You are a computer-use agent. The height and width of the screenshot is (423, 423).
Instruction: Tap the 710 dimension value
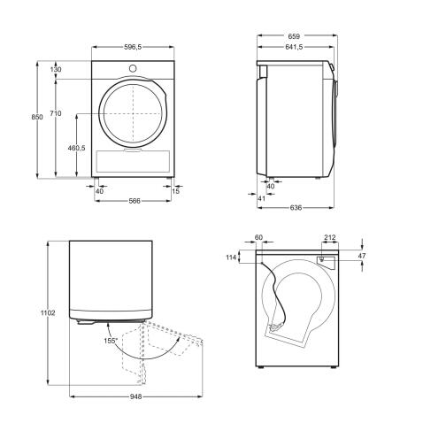[55, 114]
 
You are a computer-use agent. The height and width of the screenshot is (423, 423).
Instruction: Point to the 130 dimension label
[56, 69]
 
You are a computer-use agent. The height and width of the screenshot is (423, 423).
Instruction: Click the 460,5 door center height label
[76, 148]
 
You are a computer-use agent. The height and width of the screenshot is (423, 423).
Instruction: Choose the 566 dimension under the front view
[135, 201]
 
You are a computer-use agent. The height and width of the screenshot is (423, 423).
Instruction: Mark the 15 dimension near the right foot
[177, 191]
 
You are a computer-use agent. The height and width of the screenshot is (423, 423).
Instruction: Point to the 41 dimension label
[260, 199]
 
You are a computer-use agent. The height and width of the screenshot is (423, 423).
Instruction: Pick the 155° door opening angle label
[110, 339]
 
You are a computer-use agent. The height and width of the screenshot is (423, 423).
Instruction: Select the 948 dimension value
[135, 397]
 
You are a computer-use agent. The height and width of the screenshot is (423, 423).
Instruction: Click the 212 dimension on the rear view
[329, 238]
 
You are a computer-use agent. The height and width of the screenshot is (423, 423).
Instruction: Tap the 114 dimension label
[232, 257]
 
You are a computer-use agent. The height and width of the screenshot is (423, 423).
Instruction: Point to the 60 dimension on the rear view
[258, 238]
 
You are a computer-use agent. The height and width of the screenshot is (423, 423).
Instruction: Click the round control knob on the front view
[133, 68]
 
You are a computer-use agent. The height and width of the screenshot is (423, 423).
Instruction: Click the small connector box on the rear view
[325, 260]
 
